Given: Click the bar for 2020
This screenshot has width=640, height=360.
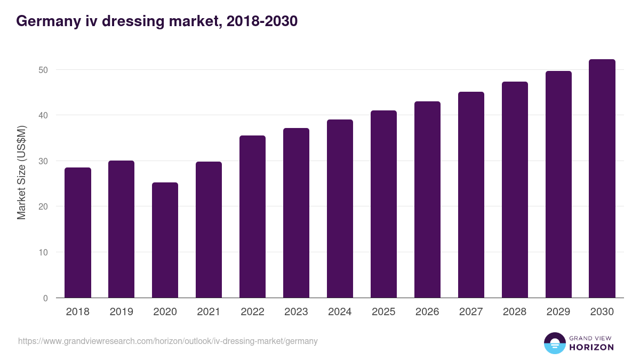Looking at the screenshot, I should (165, 241).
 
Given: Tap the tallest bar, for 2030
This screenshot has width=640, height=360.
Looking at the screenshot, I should (602, 179).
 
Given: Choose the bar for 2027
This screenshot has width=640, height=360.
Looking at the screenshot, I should (471, 195).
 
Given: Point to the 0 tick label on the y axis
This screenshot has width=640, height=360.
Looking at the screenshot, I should (46, 298).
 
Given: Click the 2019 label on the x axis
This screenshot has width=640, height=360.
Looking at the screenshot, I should (122, 312).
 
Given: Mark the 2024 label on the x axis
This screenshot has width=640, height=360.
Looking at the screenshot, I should (340, 312).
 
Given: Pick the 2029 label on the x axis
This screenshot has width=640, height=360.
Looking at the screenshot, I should (558, 312).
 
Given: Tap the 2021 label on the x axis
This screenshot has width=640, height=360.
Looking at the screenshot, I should (209, 312).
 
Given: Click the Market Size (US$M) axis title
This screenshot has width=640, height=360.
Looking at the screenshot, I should (21, 172).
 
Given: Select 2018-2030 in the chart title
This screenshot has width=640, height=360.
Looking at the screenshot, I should (262, 21).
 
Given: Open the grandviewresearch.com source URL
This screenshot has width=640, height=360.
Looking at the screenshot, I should (167, 341).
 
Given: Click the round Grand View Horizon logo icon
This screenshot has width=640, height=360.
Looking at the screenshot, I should (554, 343).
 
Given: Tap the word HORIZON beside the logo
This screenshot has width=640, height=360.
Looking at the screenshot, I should (591, 347).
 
